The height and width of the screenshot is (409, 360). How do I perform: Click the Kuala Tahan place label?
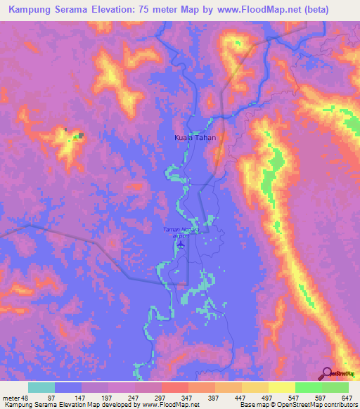click(x=195, y=138)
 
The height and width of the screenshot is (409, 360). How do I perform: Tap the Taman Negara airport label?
click(x=181, y=233)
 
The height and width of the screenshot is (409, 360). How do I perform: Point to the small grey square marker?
click(x=81, y=135)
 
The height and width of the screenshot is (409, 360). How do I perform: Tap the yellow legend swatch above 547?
click(x=281, y=387)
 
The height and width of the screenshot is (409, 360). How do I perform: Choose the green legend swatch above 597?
click(x=308, y=387)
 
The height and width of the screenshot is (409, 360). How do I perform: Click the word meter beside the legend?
click(x=11, y=398)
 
